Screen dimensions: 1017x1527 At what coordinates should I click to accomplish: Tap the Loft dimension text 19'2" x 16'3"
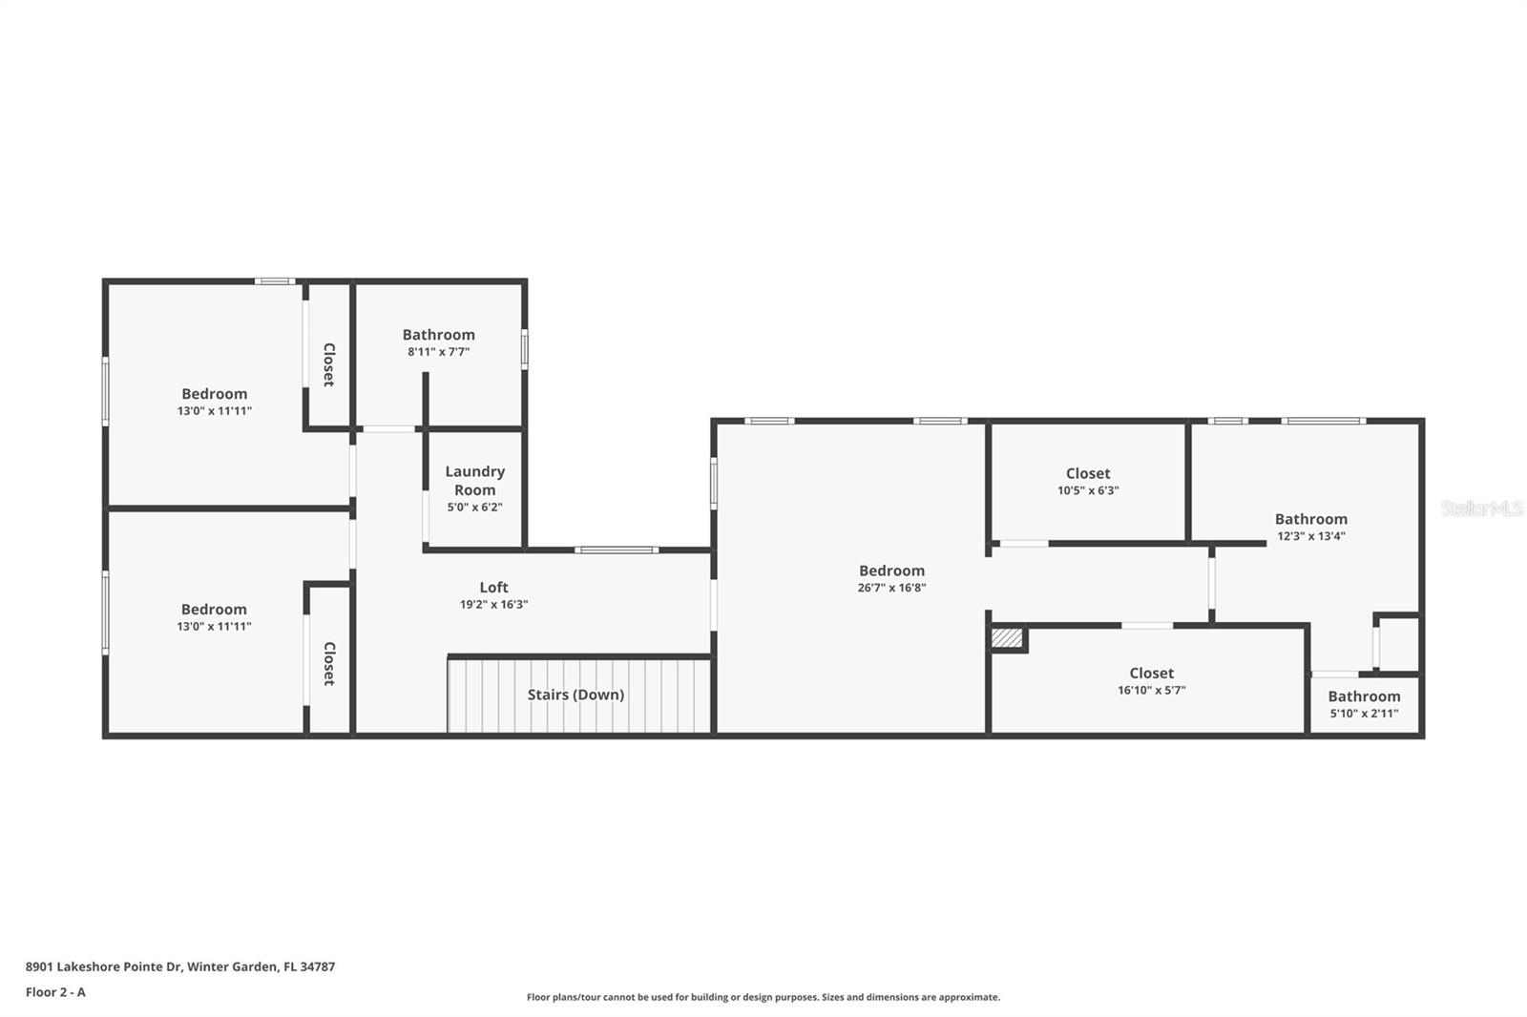[x=493, y=604]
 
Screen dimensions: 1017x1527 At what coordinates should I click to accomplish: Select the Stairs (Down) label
[x=575, y=695]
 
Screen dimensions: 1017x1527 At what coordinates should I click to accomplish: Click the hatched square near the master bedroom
[x=1006, y=637]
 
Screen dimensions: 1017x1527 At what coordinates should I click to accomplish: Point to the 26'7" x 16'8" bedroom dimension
[x=891, y=588]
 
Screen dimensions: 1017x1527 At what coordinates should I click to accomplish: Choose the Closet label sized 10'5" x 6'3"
[x=1088, y=473]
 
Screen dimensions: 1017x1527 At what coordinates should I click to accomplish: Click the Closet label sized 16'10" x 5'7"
[x=1151, y=673]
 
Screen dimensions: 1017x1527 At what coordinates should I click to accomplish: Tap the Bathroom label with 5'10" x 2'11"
[x=1364, y=696]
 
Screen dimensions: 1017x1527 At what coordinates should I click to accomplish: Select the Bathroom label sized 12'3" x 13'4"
[x=1310, y=519]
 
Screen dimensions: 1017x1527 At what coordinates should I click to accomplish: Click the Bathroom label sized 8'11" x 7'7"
[x=438, y=335]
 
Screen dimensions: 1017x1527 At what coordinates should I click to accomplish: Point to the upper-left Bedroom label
[x=214, y=393]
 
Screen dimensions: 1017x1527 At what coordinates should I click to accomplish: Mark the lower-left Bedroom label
[x=214, y=609]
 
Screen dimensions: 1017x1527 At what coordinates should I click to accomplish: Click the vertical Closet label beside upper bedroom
[x=328, y=364]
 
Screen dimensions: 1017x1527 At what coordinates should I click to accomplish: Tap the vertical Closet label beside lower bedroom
[x=328, y=663]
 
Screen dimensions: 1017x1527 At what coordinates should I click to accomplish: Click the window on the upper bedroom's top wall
[x=275, y=281]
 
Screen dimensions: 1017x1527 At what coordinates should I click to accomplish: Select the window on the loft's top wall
[x=616, y=550]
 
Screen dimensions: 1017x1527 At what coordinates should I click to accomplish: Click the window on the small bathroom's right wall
[x=524, y=348]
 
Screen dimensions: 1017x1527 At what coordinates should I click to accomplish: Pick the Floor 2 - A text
[x=55, y=992]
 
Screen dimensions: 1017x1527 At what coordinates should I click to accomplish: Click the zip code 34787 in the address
[x=317, y=966]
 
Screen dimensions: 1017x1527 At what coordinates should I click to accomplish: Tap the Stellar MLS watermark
[x=1481, y=508]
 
